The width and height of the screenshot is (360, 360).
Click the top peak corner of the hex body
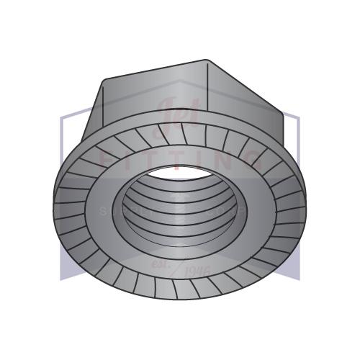[x=207, y=60]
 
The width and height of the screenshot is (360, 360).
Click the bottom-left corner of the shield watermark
[x=61, y=277]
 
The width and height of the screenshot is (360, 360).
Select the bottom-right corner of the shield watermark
[x=299, y=277]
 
